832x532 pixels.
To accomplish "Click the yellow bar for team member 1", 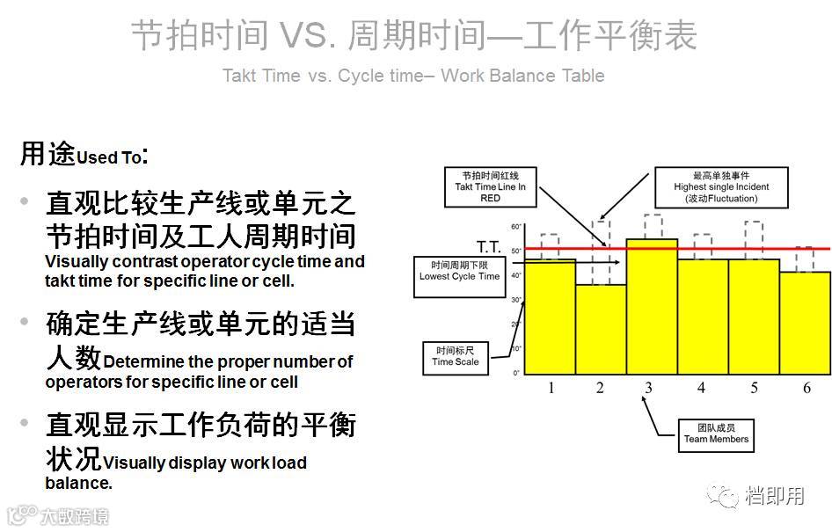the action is [x=550, y=317].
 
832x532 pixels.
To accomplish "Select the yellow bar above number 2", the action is [x=601, y=330].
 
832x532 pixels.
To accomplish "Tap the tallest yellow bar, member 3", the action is [x=652, y=306].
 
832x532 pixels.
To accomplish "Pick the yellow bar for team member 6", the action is [x=805, y=323].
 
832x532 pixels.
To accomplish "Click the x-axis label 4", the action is [x=702, y=388].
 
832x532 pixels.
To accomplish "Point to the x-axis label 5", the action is [x=754, y=388].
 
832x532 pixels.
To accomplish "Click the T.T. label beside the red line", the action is [x=489, y=246].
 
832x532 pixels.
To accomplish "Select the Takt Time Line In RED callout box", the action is [x=490, y=186].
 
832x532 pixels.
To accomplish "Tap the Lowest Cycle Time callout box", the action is [x=458, y=271].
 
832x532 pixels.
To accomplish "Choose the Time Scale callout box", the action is [x=456, y=356].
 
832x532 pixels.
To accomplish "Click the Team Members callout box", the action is [x=716, y=434].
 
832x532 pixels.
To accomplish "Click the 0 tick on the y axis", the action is [x=517, y=373].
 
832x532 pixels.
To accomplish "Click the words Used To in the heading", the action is [x=109, y=158].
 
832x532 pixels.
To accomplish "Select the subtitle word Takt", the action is [x=239, y=76].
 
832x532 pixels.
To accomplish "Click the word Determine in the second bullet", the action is [x=142, y=361].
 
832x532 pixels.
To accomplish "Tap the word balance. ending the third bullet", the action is [x=78, y=483].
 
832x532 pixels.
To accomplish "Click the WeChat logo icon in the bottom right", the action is [x=726, y=496].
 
